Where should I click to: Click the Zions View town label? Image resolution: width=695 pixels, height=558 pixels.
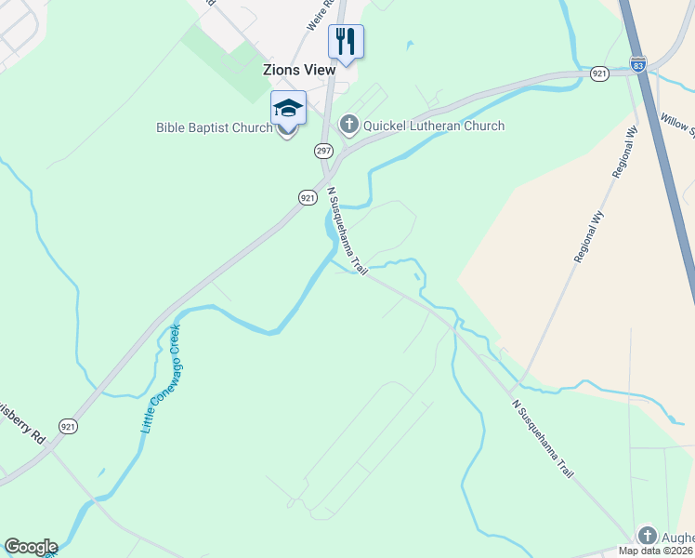298,71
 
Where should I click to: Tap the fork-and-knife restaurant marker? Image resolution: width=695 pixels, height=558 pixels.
346,42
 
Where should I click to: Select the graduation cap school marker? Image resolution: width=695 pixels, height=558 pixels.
288,110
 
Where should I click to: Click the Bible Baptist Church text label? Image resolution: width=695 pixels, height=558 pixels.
214,127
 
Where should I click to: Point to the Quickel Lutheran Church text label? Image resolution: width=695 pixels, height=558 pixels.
433,126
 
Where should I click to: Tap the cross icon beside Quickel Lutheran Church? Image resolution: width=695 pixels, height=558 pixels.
349,125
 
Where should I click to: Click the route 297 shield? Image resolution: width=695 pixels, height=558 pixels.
323,150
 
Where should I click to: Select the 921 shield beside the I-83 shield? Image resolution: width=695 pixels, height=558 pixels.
599,73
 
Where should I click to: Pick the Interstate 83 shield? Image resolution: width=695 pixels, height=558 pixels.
637,65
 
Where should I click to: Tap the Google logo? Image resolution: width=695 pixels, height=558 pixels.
31,547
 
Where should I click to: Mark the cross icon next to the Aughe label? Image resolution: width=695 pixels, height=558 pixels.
648,535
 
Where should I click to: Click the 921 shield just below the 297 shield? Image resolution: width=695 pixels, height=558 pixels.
308,197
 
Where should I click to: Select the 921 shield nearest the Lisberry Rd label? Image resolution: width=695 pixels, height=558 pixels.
67,426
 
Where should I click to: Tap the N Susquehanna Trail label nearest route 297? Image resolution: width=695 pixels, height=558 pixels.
347,232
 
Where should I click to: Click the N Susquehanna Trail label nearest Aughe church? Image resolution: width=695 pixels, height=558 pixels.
542,440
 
